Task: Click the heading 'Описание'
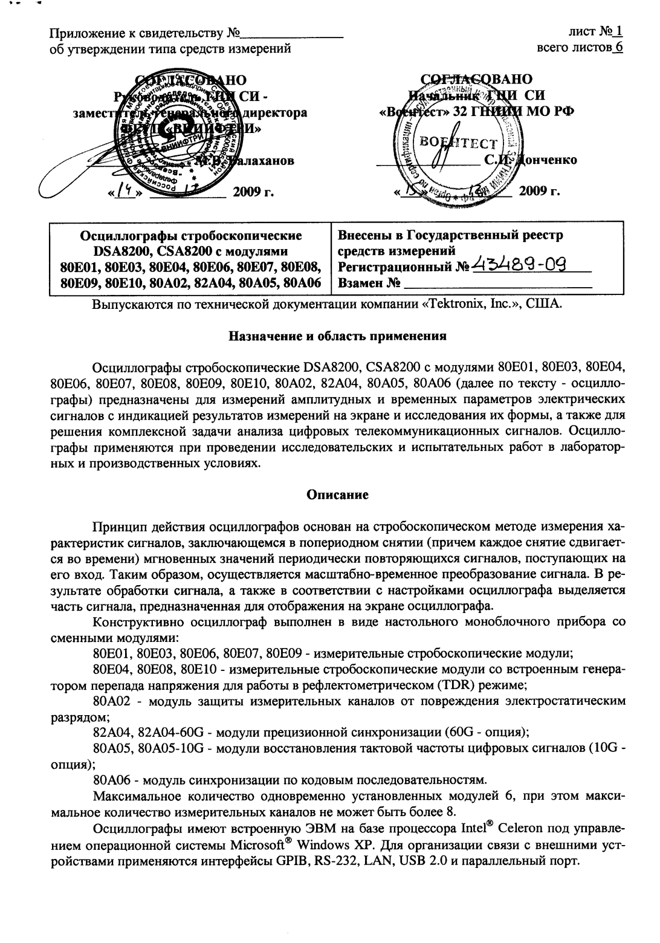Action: (338, 494)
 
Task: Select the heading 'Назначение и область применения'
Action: (338, 336)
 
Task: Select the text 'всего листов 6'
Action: (580, 47)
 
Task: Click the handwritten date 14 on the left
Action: (126, 192)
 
